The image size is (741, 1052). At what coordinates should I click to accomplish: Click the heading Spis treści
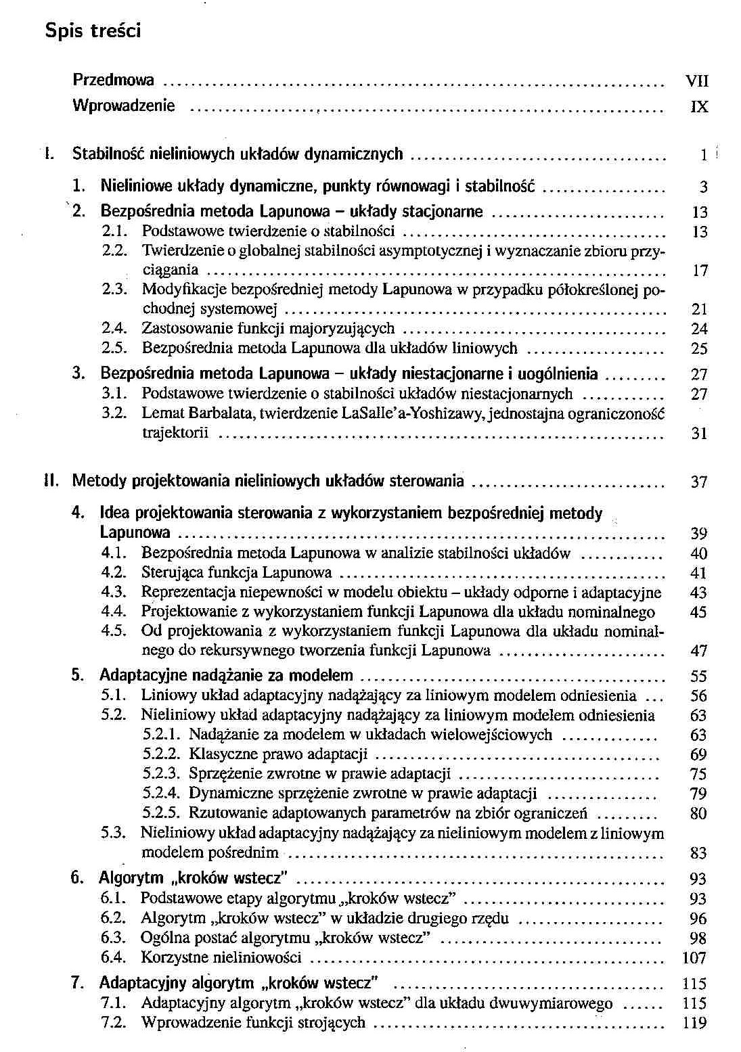coord(93,30)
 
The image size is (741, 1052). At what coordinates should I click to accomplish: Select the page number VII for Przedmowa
coord(697,81)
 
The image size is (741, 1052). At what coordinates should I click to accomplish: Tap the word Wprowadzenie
coord(123,106)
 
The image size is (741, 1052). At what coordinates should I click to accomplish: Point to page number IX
coord(699,107)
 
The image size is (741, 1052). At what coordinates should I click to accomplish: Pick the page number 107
coord(694,958)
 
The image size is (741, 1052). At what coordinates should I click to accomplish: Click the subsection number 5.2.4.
coord(161,793)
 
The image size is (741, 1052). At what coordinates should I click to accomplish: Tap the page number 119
coord(694,1023)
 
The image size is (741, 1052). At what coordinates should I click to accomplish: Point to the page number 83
coord(698,853)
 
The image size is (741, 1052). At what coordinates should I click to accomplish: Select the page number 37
coord(698,482)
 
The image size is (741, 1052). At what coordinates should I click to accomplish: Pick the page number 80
coord(698,813)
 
